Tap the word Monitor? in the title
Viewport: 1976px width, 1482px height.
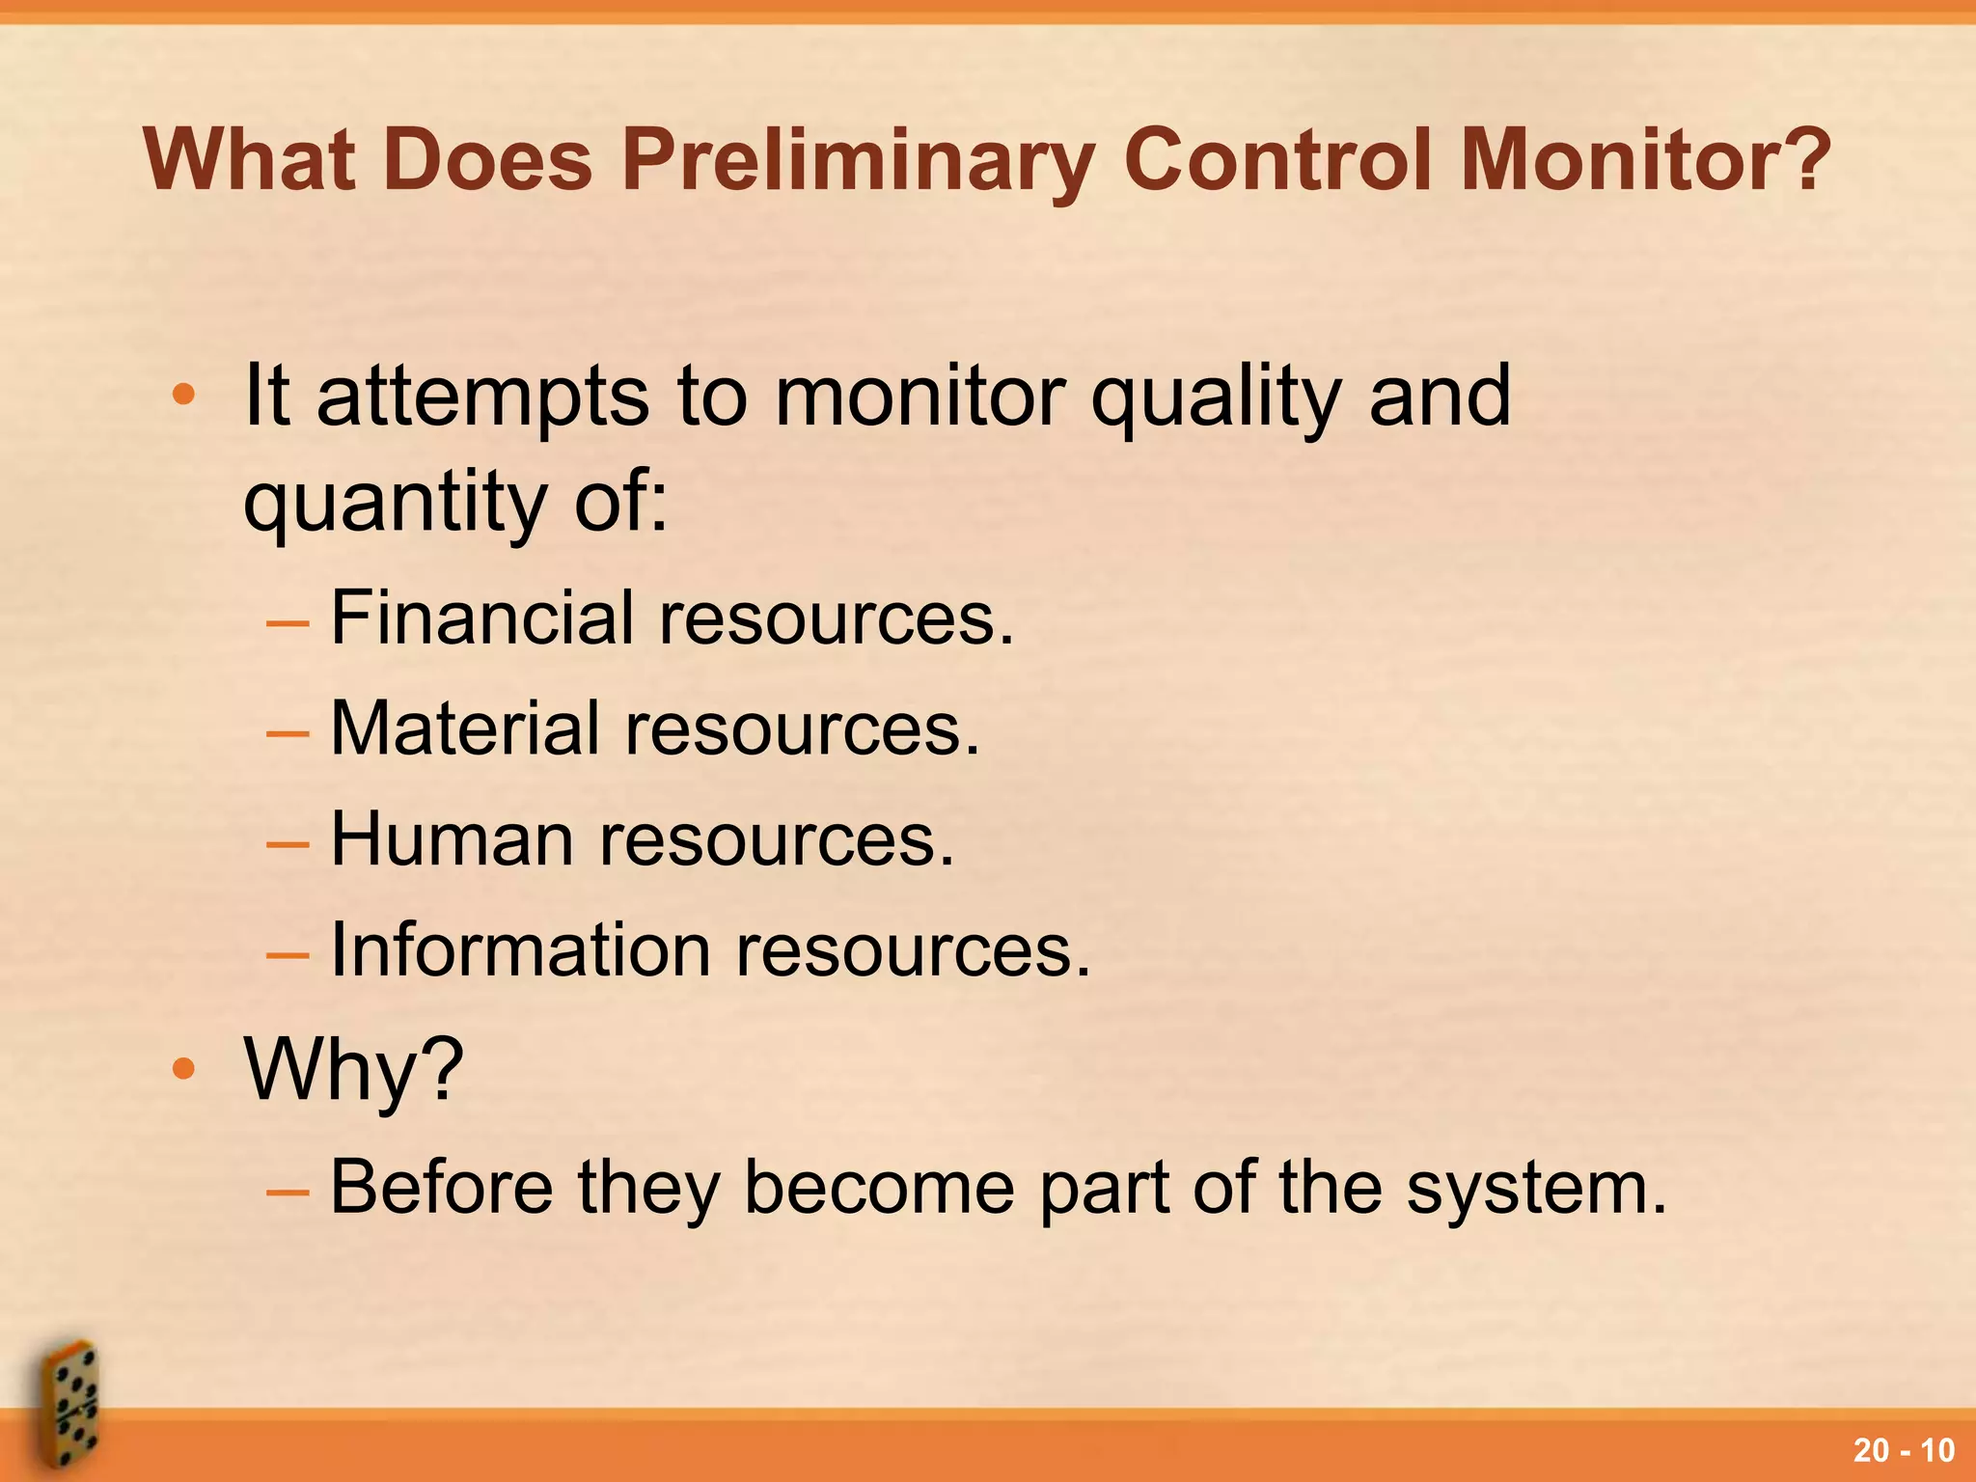pos(1645,159)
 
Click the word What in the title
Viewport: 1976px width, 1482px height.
pos(252,159)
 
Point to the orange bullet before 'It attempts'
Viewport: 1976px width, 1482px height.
pos(183,395)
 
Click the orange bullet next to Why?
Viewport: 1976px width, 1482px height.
pos(183,1068)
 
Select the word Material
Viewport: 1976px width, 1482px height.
pos(465,727)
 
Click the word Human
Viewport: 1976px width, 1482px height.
pos(453,838)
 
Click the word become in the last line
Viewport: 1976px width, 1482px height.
pos(878,1186)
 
